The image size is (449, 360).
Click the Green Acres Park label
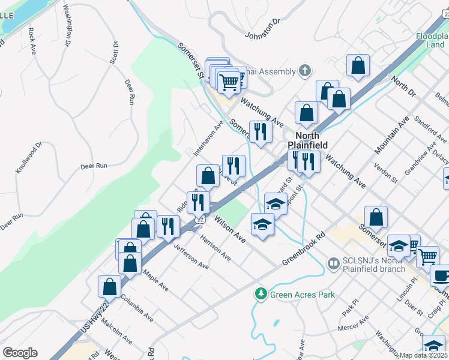[x=303, y=295]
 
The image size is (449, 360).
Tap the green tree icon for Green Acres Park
[x=261, y=294]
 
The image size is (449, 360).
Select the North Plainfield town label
[x=307, y=140]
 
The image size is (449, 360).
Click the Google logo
[x=20, y=353]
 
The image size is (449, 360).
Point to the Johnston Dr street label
[x=263, y=29]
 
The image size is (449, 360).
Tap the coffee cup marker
[x=441, y=276]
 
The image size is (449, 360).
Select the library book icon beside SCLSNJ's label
[x=333, y=263]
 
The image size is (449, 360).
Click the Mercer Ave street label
[x=353, y=325]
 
